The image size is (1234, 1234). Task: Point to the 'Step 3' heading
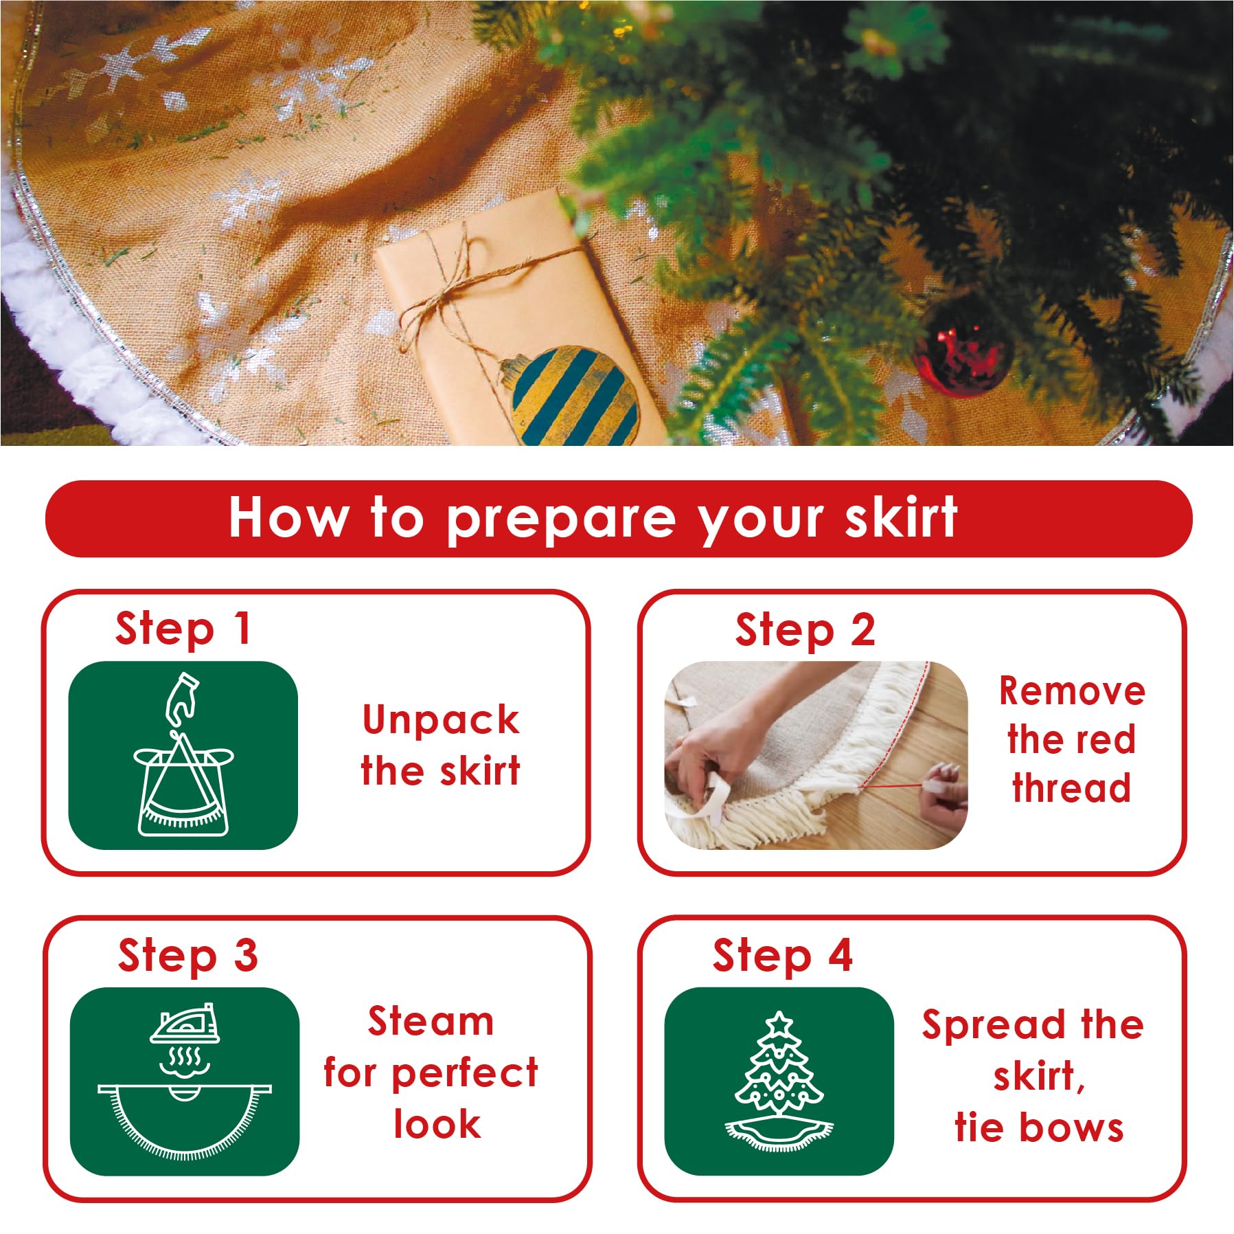pos(188,957)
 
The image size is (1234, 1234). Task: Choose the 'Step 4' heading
pos(783,957)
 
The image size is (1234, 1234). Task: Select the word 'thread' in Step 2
pos(1071,787)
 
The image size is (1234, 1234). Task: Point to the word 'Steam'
pos(431,1021)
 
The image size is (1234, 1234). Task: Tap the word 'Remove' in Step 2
pos(1072,691)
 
